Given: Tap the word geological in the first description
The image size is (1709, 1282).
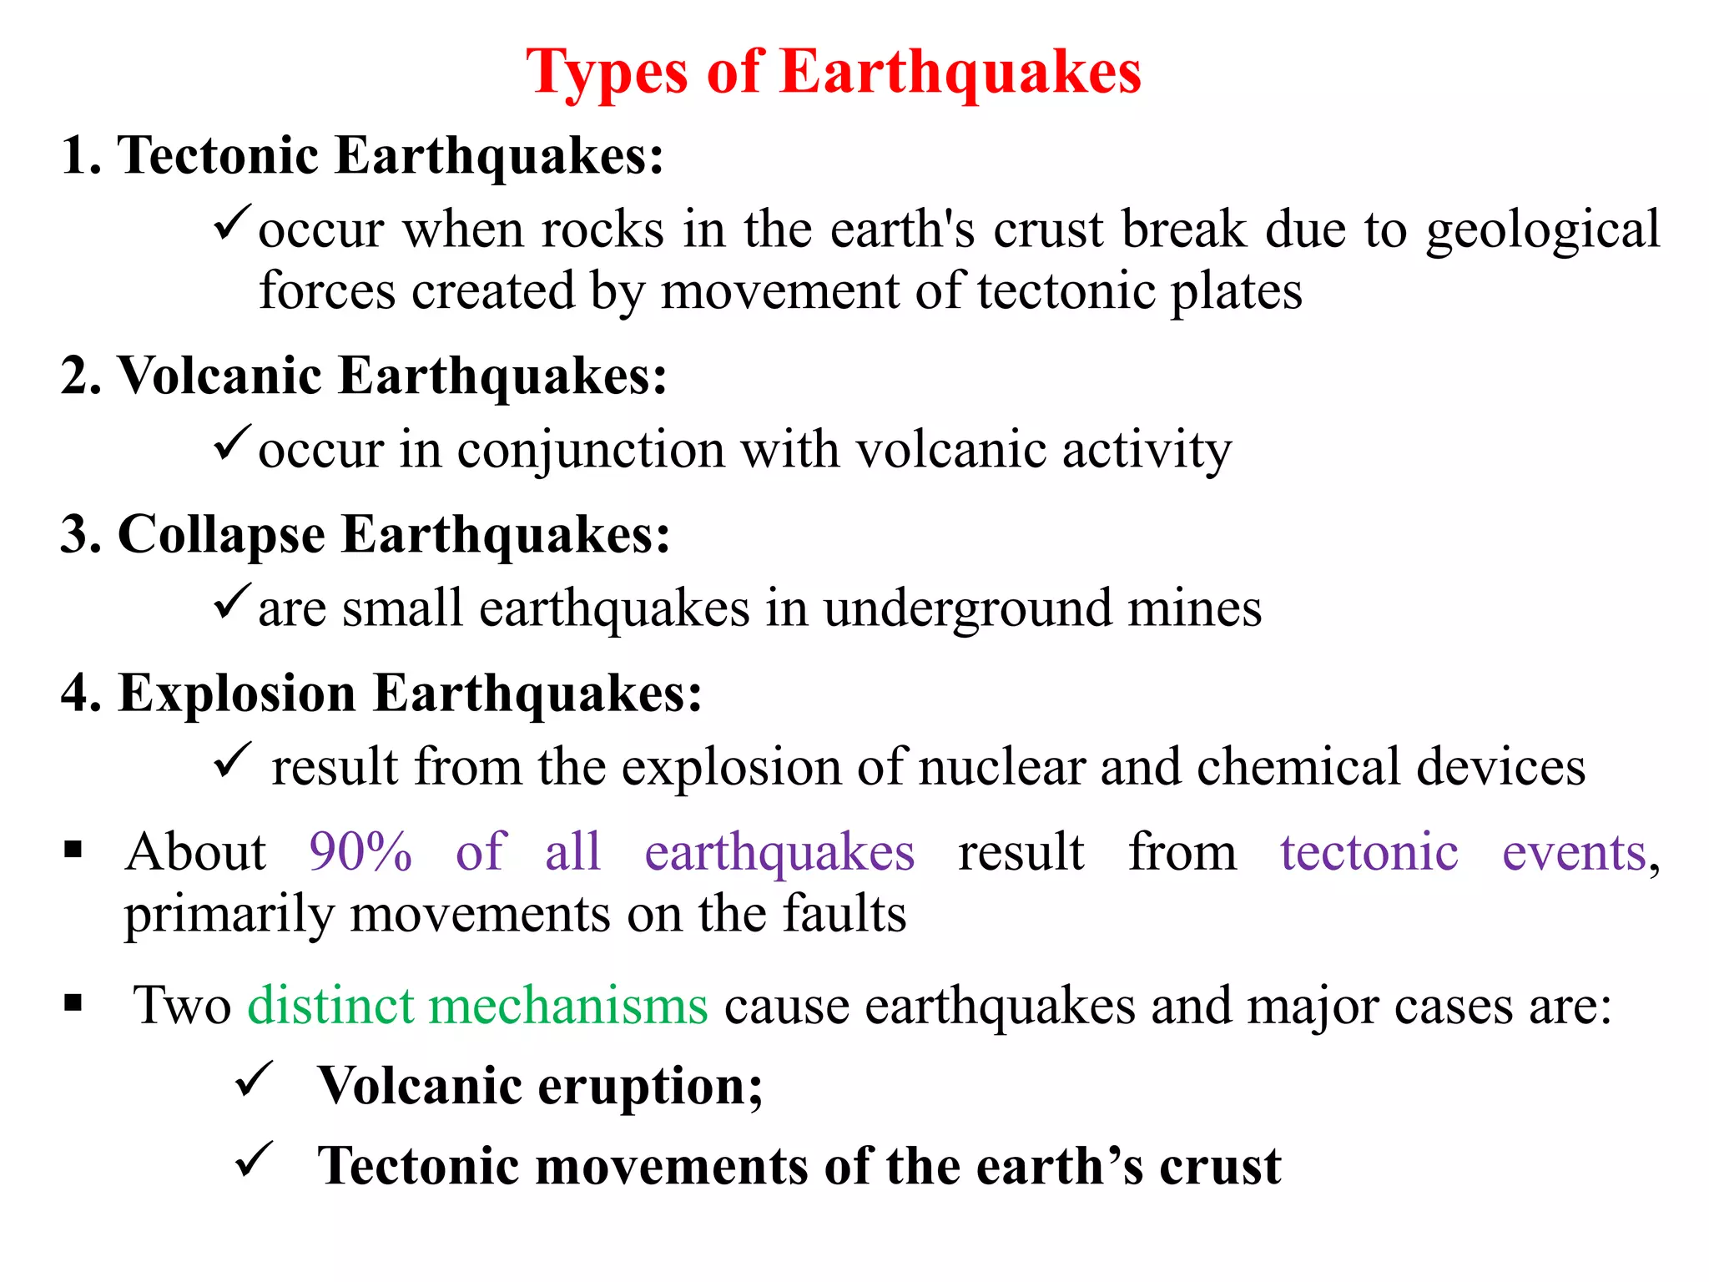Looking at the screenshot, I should (x=1542, y=231).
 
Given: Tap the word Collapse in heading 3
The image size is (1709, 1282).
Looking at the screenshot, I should (x=221, y=534).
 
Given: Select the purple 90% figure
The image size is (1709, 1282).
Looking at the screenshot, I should (x=360, y=852).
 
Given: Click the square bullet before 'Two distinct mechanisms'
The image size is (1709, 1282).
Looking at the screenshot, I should (x=73, y=1002).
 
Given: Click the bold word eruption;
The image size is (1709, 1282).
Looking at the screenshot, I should (x=650, y=1087).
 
